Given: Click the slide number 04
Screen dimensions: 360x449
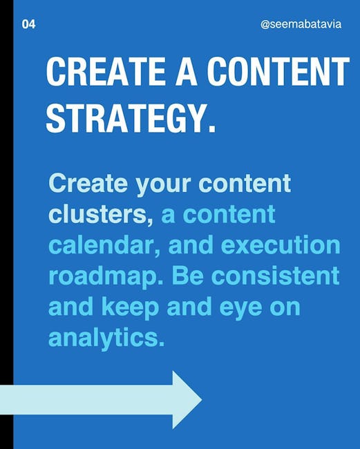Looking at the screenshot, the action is point(28,24).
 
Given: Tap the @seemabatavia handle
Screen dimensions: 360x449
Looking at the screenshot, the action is point(301,24).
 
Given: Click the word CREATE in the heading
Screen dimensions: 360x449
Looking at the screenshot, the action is point(106,71).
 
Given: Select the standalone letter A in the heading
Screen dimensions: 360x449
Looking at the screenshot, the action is point(186,71).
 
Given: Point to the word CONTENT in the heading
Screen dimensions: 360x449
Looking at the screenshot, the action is point(278,71).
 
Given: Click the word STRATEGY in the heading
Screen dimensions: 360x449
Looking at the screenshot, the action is point(122,118).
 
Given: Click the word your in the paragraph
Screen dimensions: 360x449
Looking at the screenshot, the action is point(163,186).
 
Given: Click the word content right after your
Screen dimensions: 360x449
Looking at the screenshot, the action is point(245,183).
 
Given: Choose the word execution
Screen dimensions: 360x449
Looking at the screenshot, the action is point(281,245).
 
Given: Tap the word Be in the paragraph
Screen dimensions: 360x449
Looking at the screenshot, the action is point(188,276).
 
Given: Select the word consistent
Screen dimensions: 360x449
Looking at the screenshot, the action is point(276,276).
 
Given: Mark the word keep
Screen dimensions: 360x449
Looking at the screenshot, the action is point(130,307).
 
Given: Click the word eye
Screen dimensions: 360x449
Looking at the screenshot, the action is point(241,309).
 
